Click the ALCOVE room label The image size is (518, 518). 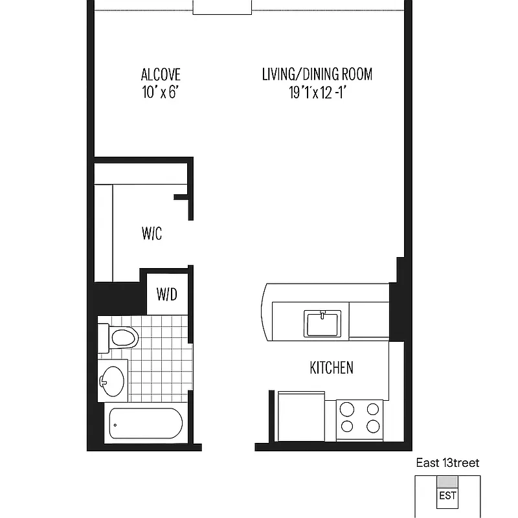pyautogui.click(x=161, y=74)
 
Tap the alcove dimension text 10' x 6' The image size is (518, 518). pyautogui.click(x=161, y=93)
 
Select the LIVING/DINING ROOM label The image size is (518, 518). pyautogui.click(x=317, y=74)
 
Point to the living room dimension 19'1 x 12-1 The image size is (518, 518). pyautogui.click(x=317, y=93)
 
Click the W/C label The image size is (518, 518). pyautogui.click(x=152, y=234)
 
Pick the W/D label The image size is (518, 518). pyautogui.click(x=166, y=295)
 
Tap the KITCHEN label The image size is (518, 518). pyautogui.click(x=332, y=368)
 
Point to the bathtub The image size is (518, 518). pyautogui.click(x=146, y=425)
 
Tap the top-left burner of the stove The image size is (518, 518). pyautogui.click(x=348, y=409)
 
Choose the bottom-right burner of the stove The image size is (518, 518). pyautogui.click(x=372, y=426)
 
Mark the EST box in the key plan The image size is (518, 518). pyautogui.click(x=447, y=497)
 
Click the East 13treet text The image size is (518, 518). pyautogui.click(x=447, y=463)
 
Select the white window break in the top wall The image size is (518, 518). pyautogui.click(x=222, y=7)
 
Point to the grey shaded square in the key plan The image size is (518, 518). pyautogui.click(x=447, y=482)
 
